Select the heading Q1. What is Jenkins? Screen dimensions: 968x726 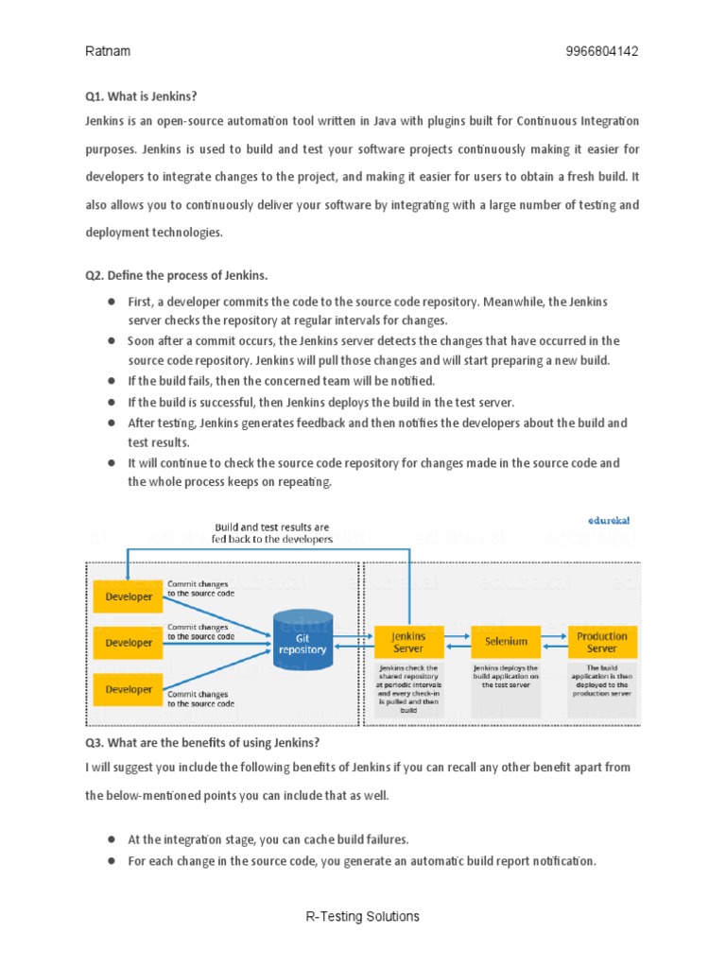pos(141,96)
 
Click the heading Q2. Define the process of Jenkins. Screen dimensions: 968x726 pos(176,275)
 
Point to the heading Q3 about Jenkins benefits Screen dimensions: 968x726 pos(202,740)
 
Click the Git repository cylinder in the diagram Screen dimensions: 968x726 pos(302,643)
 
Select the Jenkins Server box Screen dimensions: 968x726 pos(408,642)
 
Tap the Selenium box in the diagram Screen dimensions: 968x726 pos(506,642)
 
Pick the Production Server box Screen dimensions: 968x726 pos(602,642)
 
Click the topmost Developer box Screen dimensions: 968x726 pos(129,596)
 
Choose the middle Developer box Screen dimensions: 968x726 pos(129,643)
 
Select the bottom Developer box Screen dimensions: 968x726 pos(129,689)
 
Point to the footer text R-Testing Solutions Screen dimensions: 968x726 pos(362,916)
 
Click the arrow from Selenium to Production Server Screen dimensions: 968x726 pos(553,635)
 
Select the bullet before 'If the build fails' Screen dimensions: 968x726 pos(112,381)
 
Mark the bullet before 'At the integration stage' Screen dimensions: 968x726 pos(112,838)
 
